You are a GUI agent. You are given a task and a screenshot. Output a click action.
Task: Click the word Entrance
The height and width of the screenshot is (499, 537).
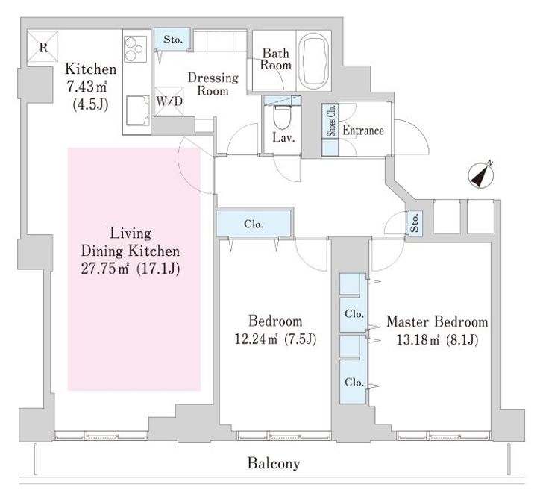coord(363,131)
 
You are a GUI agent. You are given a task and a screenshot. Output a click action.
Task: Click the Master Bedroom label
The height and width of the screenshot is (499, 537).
coord(437,322)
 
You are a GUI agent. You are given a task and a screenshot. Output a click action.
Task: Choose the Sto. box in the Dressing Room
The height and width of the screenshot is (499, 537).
coord(173,39)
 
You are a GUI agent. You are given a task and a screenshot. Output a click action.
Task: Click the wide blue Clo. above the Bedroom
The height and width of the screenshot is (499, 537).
coord(252,223)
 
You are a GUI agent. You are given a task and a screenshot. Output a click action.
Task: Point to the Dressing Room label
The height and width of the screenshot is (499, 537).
coord(213,84)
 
